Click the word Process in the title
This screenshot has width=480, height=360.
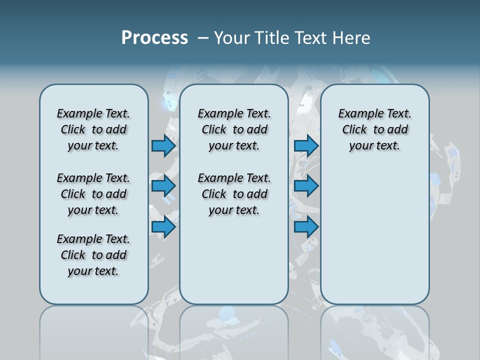coord(154,38)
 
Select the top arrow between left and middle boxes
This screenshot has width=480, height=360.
coord(163,145)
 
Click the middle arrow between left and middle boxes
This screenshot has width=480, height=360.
coord(163,186)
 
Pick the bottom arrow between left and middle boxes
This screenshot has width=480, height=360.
coord(163,227)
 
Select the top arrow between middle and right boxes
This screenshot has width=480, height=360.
coord(306,145)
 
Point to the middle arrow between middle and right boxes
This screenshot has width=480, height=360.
coord(306,186)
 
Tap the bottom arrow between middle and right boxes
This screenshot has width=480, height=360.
coord(306,227)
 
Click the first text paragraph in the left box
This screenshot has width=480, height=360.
coord(93,129)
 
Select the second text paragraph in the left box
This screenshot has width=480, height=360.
coord(93,194)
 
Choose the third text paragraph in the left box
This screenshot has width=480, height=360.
coord(93,255)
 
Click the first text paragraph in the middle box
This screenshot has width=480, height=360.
coord(234,129)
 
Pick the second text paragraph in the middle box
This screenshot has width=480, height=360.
coord(234,194)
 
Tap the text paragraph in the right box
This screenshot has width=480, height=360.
coord(374,129)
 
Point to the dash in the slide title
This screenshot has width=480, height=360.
coord(202,38)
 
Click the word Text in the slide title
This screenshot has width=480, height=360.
coord(308,38)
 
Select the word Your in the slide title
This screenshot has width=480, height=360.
coord(231,38)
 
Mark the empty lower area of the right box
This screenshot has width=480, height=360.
coord(374,235)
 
